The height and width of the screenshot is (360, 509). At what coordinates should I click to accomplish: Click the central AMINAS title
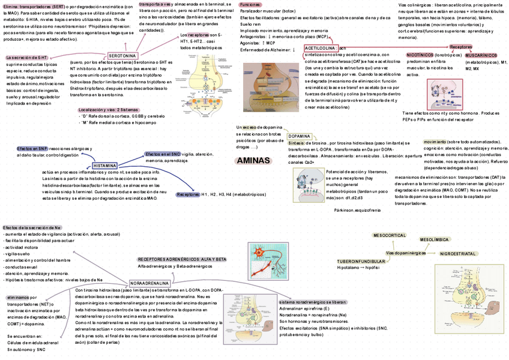click(x=253, y=161)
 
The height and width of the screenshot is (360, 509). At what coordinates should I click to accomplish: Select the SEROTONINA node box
click(x=122, y=56)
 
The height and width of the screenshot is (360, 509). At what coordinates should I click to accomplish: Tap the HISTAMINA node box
click(x=105, y=166)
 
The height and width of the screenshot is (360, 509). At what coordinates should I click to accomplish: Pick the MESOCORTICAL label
click(x=390, y=236)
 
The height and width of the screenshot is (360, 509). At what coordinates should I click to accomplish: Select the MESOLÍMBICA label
click(x=435, y=239)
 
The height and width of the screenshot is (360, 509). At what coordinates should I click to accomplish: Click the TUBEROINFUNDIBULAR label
click(x=361, y=262)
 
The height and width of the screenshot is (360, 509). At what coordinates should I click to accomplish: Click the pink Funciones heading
click(x=250, y=5)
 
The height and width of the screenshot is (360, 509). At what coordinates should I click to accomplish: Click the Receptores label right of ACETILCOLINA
click(x=460, y=47)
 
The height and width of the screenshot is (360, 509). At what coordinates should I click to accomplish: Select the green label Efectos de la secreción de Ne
click(x=32, y=227)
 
